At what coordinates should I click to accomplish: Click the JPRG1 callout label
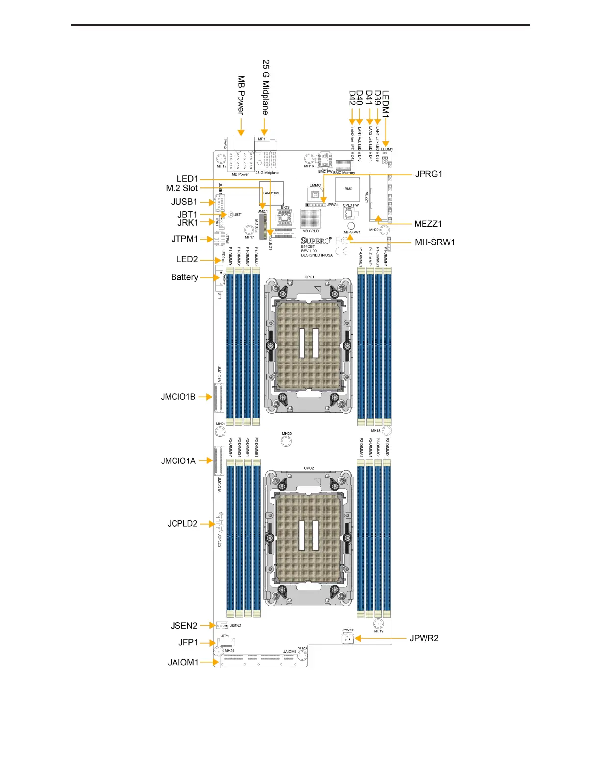click(428, 174)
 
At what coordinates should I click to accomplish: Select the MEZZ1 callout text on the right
click(428, 224)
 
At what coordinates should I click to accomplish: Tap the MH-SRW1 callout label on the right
click(435, 242)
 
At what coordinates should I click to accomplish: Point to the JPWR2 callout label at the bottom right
click(424, 638)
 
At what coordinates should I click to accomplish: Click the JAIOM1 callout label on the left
click(183, 662)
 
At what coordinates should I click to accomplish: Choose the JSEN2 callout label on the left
click(184, 626)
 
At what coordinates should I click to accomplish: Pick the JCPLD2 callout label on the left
click(182, 523)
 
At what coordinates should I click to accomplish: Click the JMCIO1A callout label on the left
click(178, 461)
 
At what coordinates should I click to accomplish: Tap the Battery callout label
click(184, 277)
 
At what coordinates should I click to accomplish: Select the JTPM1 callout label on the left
click(184, 239)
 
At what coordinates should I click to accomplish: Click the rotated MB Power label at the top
click(241, 95)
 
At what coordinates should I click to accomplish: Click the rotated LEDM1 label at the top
click(386, 103)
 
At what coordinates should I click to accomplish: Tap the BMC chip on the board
click(348, 189)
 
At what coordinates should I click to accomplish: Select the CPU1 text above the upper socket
click(309, 277)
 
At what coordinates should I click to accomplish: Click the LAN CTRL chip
click(271, 193)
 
